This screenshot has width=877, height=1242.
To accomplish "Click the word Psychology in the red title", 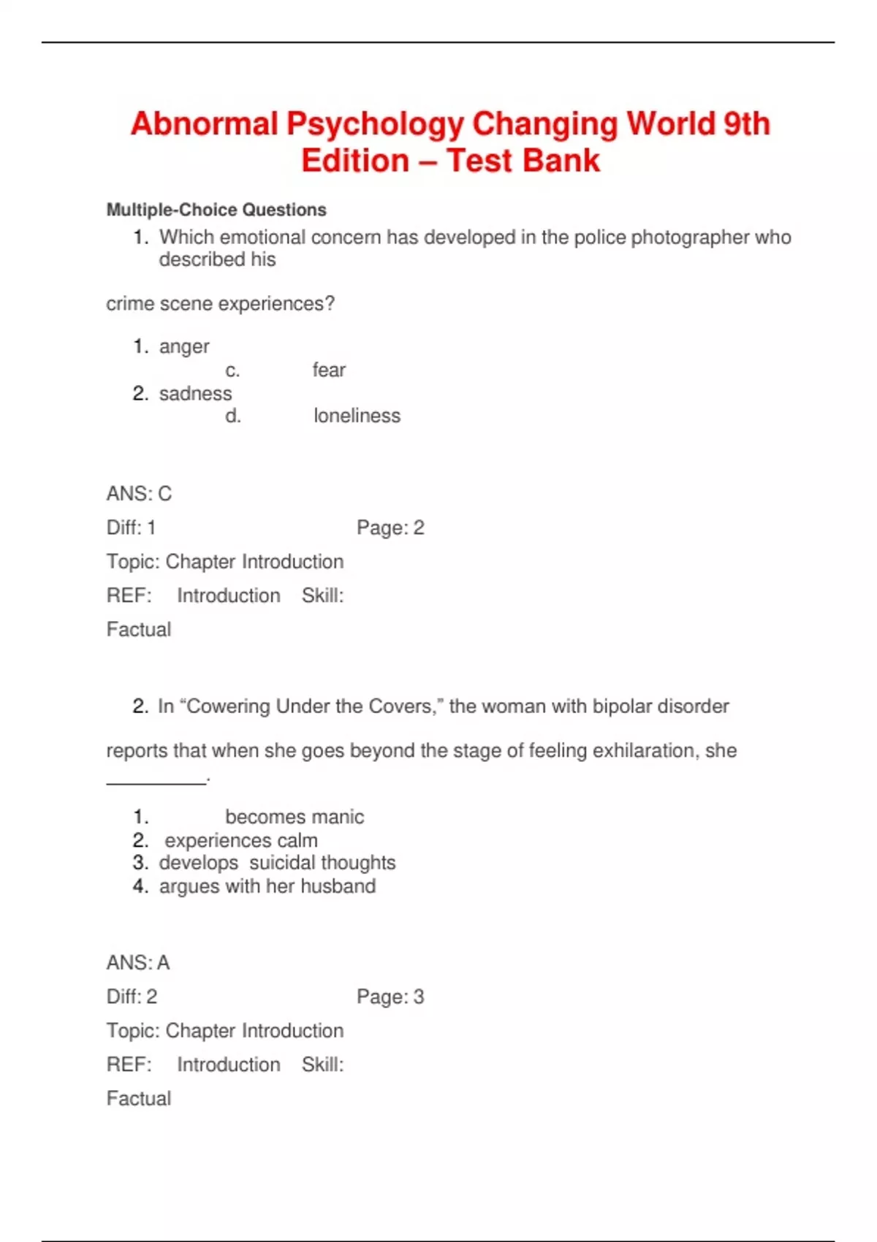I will pos(374,124).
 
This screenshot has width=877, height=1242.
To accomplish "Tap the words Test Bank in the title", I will pos(523,161).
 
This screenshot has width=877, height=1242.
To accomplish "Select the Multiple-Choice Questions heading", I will pos(216,210).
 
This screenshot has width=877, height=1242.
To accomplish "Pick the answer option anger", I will pos(184,346).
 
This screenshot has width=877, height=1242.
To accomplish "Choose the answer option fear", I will pos(329,370).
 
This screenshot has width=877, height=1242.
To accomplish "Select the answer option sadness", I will pos(195,393).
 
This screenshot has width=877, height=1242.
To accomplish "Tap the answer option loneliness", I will pos(357,416).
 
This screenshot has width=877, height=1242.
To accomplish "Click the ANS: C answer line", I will pos(139,494).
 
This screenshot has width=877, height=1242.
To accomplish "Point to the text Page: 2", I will pos(390,527).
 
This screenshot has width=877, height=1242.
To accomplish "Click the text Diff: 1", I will pos(131,527).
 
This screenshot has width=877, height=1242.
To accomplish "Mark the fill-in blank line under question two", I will pos(156,782).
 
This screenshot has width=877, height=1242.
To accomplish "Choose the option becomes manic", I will pos(294,817).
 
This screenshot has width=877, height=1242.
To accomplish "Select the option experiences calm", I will pos(240,840).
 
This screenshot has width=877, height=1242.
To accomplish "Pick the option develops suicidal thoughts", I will pos(277,863).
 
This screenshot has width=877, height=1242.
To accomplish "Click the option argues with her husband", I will pos(267,886).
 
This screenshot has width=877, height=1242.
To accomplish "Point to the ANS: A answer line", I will pos(138,963).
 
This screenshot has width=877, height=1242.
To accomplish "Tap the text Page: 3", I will pos(390,997).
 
